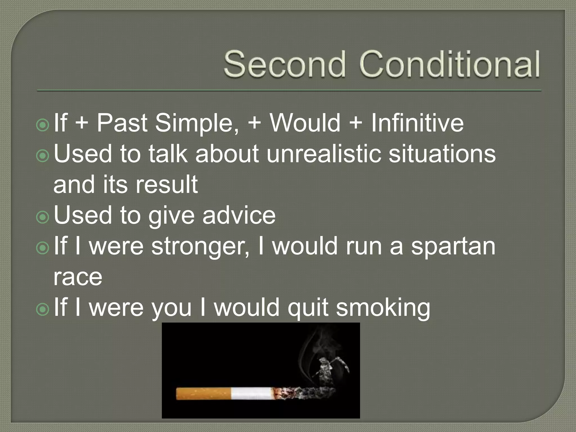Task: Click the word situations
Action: coord(442,154)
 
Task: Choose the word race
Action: coord(78,277)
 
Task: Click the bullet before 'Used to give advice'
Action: coord(43,217)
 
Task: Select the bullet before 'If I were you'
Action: coord(43,309)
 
